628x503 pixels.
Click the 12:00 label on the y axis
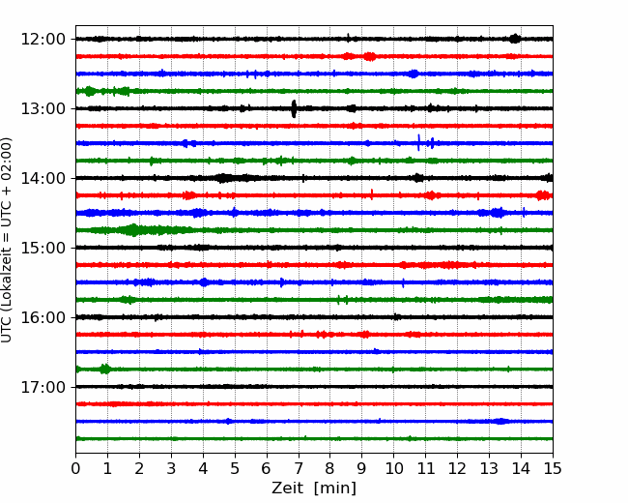point(43,40)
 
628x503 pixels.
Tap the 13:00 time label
point(43,108)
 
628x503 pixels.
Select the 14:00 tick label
point(43,178)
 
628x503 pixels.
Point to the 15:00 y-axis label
point(43,248)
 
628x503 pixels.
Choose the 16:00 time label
point(43,317)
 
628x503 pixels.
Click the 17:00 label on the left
point(43,387)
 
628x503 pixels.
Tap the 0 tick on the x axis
point(75,468)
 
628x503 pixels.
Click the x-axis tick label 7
point(299,468)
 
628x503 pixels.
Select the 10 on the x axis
point(393,468)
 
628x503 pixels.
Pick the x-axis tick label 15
point(553,468)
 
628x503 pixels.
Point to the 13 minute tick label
point(489,468)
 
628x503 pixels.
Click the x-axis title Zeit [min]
point(314,488)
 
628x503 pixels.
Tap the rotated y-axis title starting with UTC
point(7,240)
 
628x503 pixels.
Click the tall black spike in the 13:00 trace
point(294,108)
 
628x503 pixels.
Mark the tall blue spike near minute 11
point(419,142)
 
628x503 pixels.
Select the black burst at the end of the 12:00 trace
point(515,39)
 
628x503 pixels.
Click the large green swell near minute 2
point(132,230)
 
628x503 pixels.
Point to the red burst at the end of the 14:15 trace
point(544,195)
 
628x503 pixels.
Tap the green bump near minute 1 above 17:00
point(105,369)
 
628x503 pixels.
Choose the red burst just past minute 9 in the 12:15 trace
point(370,56)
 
